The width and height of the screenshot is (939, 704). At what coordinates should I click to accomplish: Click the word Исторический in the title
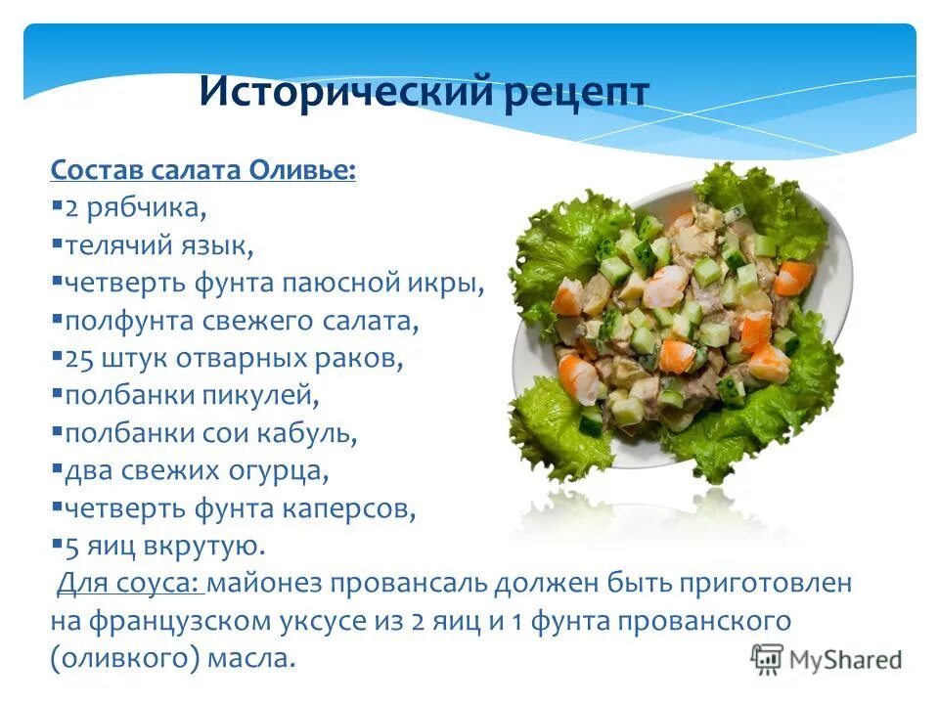click(x=343, y=92)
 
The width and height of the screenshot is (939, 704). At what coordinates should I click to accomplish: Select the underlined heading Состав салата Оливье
click(x=203, y=171)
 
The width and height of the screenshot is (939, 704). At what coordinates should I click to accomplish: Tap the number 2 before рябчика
click(x=70, y=208)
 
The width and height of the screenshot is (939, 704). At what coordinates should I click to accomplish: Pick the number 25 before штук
click(x=78, y=358)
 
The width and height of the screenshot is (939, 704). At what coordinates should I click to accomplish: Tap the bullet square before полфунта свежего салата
click(x=58, y=319)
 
